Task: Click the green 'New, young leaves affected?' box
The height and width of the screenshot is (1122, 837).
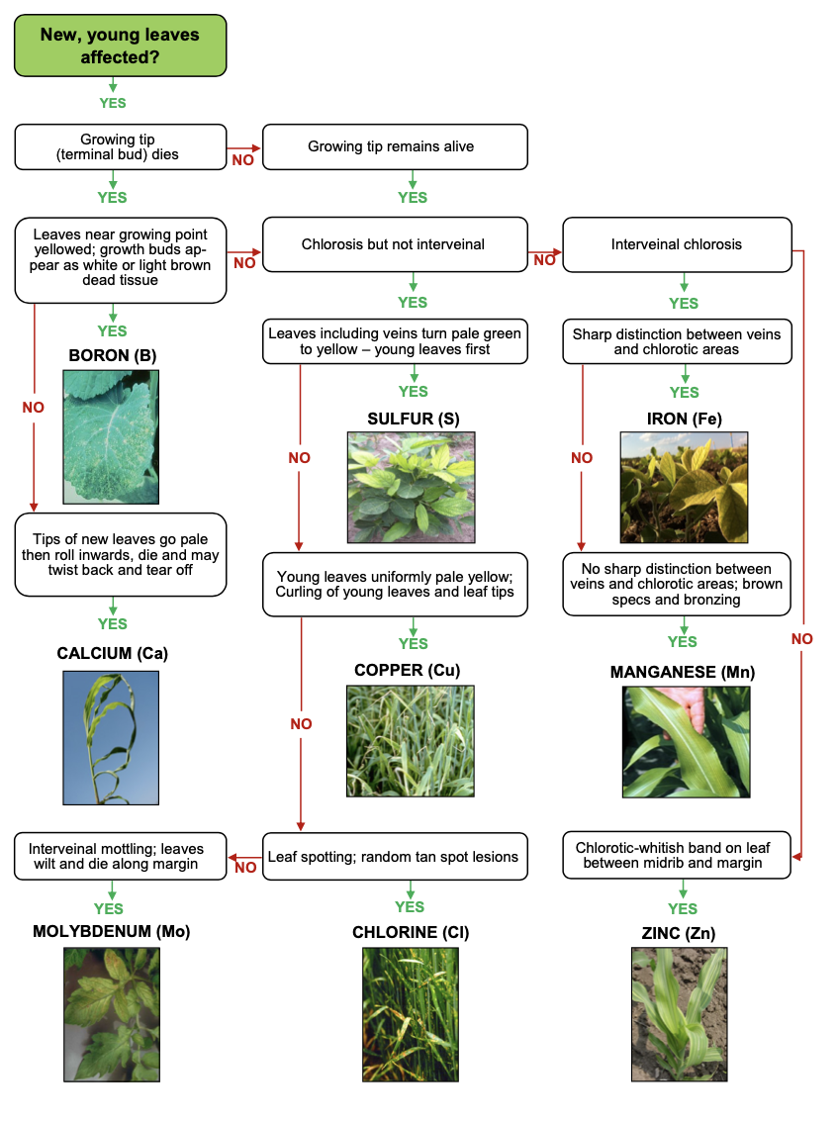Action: [x=120, y=47]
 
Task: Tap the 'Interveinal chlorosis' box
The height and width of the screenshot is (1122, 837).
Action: [x=677, y=244]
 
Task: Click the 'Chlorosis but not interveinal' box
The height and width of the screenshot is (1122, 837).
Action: [x=393, y=244]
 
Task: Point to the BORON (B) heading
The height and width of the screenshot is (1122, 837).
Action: [x=113, y=355]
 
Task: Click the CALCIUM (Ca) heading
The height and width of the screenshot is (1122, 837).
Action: [x=113, y=654]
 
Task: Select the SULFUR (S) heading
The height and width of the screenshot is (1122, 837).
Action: [x=414, y=419]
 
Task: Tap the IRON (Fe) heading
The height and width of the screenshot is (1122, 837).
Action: [x=683, y=419]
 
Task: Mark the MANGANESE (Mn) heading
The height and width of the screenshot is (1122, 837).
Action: [x=682, y=672]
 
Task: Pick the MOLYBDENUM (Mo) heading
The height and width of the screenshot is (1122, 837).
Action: [x=111, y=932]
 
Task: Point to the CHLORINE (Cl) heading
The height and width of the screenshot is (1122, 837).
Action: [x=411, y=932]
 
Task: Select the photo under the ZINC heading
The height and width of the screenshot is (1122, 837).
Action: [x=679, y=1013]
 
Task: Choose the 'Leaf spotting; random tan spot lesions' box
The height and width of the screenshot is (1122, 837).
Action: [x=394, y=856]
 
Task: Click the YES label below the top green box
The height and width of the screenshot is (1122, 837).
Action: [x=113, y=103]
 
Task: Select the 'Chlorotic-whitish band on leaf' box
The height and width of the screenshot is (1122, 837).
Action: [x=677, y=855]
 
